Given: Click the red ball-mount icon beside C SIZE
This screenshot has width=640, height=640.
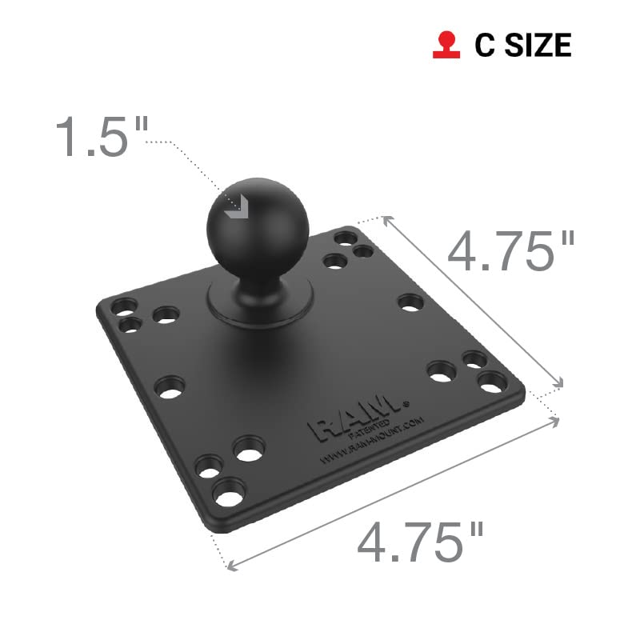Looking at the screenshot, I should point(442,46).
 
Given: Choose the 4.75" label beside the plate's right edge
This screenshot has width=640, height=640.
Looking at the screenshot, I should point(510,250).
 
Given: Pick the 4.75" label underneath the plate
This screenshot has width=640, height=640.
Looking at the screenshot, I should point(421,542).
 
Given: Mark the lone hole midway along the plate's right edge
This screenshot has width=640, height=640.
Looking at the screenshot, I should point(410,302).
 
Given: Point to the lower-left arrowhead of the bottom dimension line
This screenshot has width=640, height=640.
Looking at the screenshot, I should point(233,566).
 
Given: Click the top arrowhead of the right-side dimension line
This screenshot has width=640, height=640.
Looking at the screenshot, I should point(386,218).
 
